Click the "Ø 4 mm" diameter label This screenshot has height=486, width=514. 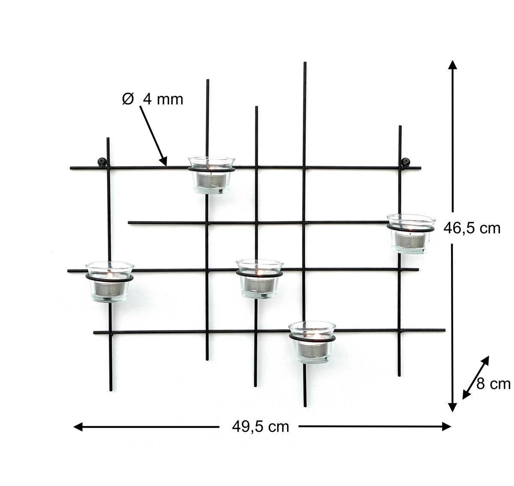153,99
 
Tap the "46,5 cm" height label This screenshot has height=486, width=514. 472,228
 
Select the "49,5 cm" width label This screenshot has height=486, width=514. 260,426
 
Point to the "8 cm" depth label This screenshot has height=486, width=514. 493,384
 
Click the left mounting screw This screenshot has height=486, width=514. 102,161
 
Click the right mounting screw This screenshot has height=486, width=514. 405,162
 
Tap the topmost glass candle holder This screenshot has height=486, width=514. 211,174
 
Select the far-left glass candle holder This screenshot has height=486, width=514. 109,281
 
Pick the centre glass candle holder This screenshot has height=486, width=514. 259,278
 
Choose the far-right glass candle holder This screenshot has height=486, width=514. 410,234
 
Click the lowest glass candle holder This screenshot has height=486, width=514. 312,342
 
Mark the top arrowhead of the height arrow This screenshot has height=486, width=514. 452,64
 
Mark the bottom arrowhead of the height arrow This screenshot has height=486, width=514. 452,408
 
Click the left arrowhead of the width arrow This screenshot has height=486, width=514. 78,426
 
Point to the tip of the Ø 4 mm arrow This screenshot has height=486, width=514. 165,164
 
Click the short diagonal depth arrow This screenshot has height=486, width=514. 475,377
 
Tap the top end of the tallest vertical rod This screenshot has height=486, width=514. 305,63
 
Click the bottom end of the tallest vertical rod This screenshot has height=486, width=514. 305,406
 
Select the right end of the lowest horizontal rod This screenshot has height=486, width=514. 445,330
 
